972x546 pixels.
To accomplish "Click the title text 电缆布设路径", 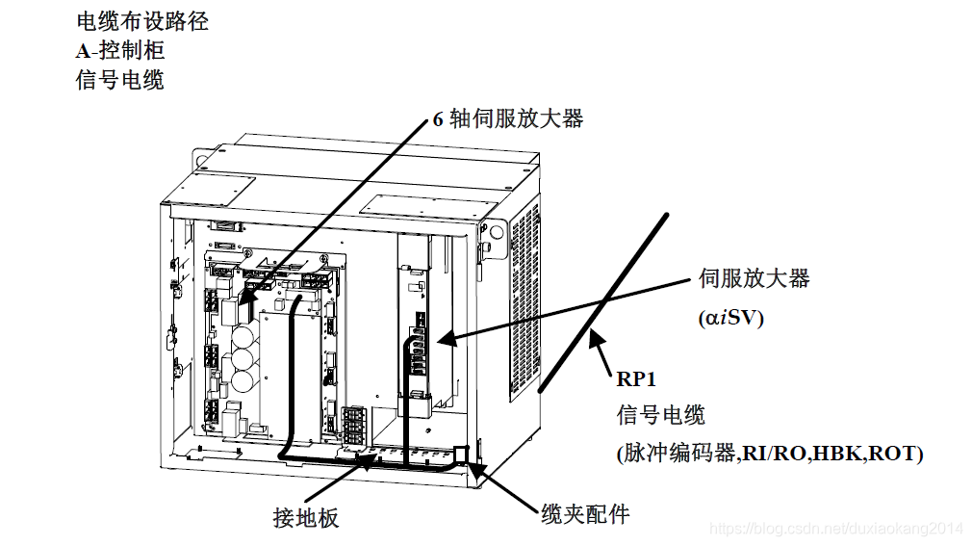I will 141,20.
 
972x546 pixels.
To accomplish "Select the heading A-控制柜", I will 120,50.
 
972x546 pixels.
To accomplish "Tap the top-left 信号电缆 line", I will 119,79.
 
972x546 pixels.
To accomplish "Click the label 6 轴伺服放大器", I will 508,118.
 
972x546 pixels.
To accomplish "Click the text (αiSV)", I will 730,318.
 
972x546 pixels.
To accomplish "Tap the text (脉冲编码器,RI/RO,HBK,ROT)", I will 769,453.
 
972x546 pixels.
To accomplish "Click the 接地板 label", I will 306,518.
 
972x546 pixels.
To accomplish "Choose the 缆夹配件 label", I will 585,514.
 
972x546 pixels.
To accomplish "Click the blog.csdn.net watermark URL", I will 835,529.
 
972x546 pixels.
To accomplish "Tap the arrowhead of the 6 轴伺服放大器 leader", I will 243,309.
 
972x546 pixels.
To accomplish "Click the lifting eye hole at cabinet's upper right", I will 498,231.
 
